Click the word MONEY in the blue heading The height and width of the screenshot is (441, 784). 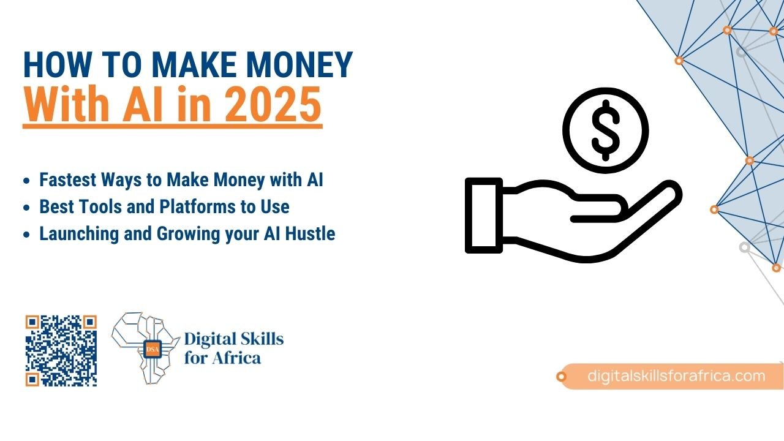click(299, 65)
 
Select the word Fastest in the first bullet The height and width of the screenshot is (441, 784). click(67, 179)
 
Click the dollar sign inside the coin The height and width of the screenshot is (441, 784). click(606, 130)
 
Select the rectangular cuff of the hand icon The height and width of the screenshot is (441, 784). click(484, 215)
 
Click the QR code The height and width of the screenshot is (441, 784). click(61, 351)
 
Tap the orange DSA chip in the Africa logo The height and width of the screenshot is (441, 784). click(153, 349)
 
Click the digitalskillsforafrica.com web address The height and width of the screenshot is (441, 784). click(676, 376)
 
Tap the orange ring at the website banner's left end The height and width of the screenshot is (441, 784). click(561, 377)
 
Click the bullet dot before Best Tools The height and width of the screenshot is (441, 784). click(26, 208)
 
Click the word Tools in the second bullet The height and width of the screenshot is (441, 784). click(100, 207)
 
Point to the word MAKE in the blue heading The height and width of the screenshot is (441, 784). click(194, 65)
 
